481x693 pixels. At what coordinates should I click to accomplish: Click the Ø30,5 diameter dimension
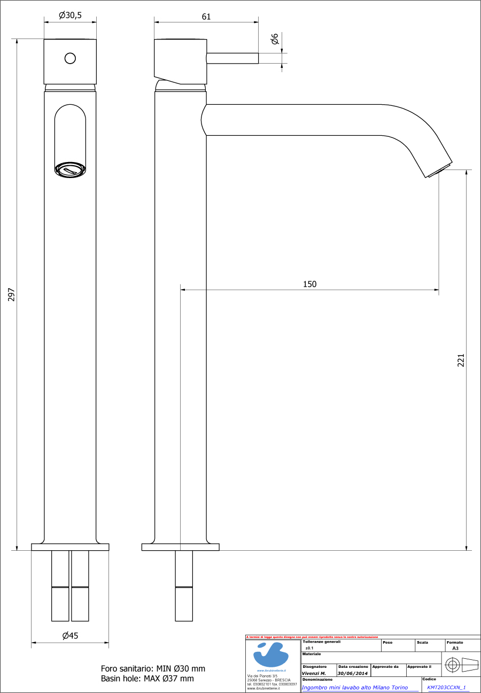[70, 16]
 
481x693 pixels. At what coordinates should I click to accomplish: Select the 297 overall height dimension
[11, 294]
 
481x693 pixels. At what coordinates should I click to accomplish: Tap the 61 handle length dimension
[206, 17]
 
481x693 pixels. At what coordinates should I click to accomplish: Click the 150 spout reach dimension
[309, 284]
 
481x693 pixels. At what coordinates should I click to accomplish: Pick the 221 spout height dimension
[461, 360]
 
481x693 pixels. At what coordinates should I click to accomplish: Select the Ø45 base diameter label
[70, 636]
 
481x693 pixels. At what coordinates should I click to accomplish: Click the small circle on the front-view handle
[70, 58]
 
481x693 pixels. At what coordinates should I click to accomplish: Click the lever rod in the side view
[232, 58]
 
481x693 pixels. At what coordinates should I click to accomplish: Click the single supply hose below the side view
[184, 586]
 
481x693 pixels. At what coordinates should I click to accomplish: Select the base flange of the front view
[70, 547]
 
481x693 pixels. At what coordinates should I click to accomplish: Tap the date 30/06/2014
[352, 673]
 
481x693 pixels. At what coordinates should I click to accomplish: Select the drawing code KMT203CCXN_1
[446, 688]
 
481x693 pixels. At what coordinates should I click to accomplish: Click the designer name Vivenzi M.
[314, 673]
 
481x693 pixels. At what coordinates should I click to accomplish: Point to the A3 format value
[455, 648]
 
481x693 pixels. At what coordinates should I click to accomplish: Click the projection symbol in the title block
[461, 665]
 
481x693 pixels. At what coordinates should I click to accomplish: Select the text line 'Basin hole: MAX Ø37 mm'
[147, 679]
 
